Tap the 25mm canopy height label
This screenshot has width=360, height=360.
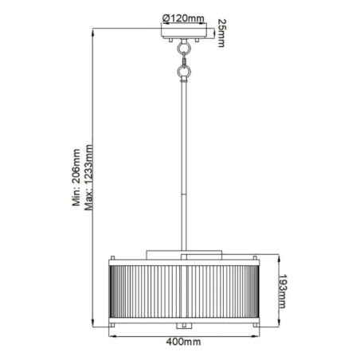coord(220,36)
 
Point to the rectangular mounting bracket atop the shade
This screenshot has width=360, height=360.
coord(185,253)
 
